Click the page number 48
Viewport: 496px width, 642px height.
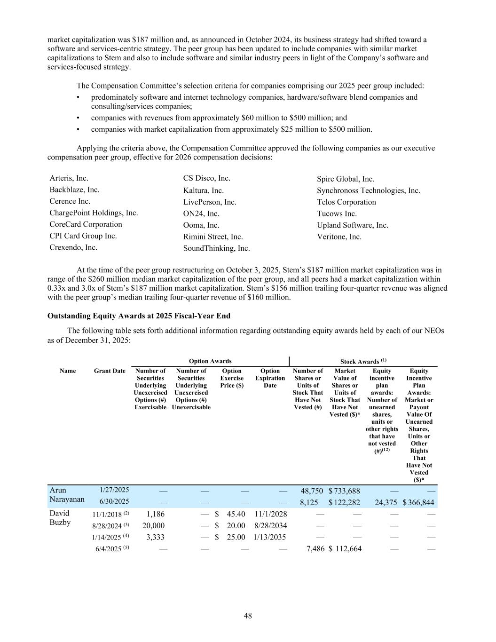point(248,616)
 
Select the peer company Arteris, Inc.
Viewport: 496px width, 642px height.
point(69,178)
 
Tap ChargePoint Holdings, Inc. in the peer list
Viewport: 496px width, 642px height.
point(94,213)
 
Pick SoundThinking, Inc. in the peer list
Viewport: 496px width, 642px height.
point(216,248)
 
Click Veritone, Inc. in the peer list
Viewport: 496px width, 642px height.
point(339,237)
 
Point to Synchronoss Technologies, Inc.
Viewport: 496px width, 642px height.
point(368,190)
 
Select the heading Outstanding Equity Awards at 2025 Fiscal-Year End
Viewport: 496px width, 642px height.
point(139,316)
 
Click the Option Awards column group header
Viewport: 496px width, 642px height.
point(210,361)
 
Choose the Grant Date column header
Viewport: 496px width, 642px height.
point(110,371)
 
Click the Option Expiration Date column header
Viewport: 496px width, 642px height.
point(270,378)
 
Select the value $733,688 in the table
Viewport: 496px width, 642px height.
point(345,491)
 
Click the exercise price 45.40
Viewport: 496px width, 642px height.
point(236,514)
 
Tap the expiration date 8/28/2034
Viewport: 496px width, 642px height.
point(270,525)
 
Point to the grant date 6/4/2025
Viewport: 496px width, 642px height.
point(109,549)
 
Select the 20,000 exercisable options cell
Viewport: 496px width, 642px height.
point(153,525)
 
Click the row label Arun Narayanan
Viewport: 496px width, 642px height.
point(67,495)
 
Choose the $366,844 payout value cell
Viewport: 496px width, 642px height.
point(418,502)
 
